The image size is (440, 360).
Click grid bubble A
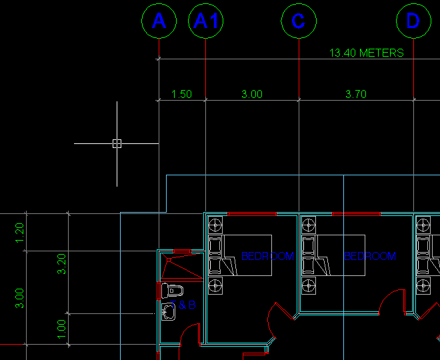pos(159,21)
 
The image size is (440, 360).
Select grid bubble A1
pos(206,21)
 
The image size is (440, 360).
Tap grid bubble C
pos(298,21)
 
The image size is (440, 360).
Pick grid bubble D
pos(413,21)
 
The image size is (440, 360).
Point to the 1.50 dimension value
pos(181,95)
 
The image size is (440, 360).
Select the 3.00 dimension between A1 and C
pos(252,95)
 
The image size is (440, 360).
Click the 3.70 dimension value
pos(356,95)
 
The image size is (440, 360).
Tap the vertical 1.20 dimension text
pos(20,232)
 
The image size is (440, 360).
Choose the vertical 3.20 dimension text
pos(62,265)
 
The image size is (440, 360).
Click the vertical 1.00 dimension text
pos(62,328)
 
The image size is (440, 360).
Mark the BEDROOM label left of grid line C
pos(267,256)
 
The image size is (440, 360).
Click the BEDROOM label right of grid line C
pos(370,256)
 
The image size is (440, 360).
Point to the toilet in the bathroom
pos(173,291)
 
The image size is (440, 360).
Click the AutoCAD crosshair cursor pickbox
pos(117,143)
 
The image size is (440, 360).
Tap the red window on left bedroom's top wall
pos(252,213)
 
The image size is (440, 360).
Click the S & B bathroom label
pos(187,305)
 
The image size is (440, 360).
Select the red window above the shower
pos(182,251)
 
